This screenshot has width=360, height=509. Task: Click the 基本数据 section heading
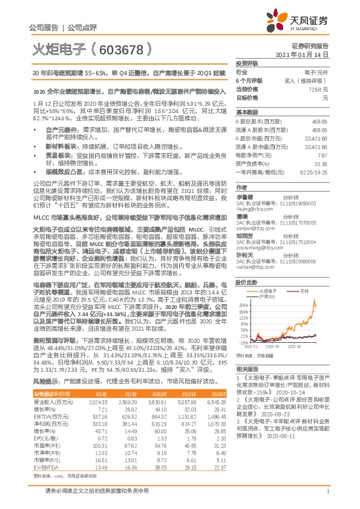[246, 112]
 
